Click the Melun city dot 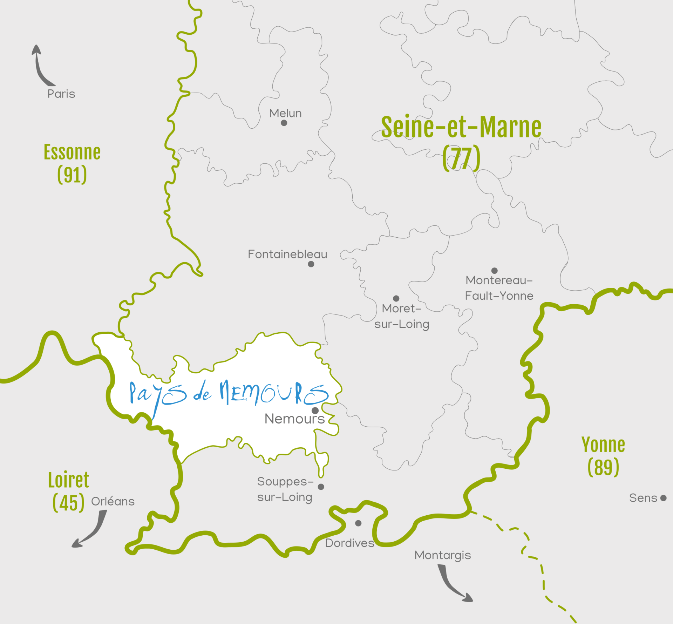click(284, 123)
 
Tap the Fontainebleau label click(287, 254)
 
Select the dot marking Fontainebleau click(311, 264)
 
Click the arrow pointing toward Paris click(40, 67)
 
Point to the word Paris click(61, 94)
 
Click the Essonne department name click(72, 152)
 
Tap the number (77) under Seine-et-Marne click(461, 158)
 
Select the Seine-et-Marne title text click(461, 127)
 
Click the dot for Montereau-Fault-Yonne click(494, 271)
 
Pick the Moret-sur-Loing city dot click(396, 298)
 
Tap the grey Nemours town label click(294, 419)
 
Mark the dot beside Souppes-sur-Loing click(321, 487)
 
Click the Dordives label click(349, 543)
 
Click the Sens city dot click(663, 498)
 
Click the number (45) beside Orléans click(68, 503)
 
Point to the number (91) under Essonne click(72, 175)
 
